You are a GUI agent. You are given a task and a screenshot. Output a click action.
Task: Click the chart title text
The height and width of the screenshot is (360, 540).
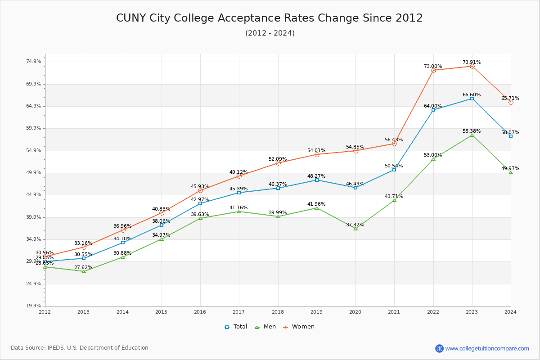tap(270, 18)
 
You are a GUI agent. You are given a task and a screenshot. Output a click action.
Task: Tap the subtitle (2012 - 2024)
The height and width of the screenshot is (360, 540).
tap(270, 33)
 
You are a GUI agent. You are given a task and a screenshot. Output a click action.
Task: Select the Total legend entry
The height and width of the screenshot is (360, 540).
tap(236, 327)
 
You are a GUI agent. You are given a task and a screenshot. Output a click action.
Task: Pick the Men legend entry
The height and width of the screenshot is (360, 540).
tap(266, 327)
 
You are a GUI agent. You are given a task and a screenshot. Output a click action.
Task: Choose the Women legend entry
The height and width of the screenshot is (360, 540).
tap(299, 327)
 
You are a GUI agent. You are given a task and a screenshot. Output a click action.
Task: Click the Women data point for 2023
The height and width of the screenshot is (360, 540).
tap(472, 66)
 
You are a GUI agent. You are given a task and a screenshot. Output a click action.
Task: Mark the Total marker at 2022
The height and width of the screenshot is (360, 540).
tap(433, 110)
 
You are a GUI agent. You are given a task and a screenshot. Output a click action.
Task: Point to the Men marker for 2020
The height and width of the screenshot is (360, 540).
tap(355, 229)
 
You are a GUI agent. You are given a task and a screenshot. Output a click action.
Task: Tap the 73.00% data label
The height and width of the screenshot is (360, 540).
tap(432, 66)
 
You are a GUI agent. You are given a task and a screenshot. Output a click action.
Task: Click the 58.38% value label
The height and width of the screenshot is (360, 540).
tap(471, 131)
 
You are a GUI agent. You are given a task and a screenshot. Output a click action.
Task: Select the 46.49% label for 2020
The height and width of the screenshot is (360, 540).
tap(355, 184)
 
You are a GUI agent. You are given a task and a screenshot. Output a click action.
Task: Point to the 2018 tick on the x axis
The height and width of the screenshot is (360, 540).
tap(278, 311)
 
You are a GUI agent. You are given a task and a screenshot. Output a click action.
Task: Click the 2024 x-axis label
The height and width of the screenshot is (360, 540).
tap(510, 311)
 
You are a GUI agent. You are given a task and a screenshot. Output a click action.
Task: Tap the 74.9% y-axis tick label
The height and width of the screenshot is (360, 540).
tap(34, 62)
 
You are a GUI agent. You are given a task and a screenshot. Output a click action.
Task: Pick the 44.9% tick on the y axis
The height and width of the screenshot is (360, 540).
tap(34, 195)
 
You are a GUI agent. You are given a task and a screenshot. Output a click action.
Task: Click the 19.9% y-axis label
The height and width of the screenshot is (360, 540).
tap(34, 306)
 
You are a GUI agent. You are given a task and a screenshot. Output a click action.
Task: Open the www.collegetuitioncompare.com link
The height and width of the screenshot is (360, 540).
tap(487, 348)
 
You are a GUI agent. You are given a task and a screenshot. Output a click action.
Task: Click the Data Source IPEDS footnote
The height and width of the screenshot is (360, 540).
tap(80, 348)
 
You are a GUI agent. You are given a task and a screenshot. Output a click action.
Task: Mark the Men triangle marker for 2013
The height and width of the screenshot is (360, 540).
tap(84, 271)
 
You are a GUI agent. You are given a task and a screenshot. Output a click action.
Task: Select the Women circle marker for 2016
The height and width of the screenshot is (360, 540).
tap(200, 190)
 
